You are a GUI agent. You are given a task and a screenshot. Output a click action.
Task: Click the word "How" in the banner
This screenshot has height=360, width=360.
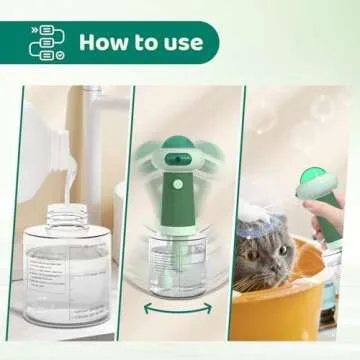[102, 42]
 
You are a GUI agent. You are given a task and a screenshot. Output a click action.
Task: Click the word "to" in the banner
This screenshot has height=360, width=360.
[144, 42]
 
